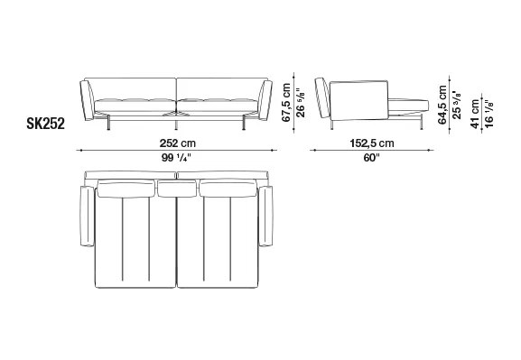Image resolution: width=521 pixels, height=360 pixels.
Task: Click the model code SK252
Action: [x=45, y=124]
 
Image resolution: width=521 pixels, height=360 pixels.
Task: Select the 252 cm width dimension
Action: [x=178, y=143]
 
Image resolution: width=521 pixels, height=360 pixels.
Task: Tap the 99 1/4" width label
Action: [x=176, y=158]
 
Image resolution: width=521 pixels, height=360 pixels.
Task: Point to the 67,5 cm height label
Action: [x=286, y=103]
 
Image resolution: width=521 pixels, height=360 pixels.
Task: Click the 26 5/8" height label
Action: [x=300, y=103]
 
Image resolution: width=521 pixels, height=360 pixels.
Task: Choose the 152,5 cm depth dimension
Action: [x=372, y=143]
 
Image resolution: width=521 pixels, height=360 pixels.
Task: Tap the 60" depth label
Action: [x=371, y=158]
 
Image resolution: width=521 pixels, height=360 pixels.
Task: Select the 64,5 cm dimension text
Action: [x=442, y=105]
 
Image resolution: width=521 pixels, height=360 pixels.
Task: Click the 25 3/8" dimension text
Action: [x=457, y=105]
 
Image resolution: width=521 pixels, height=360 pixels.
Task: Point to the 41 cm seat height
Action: [x=475, y=114]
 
